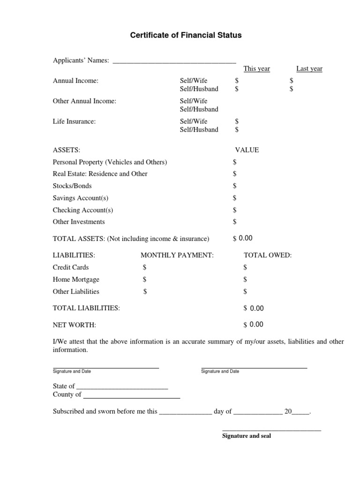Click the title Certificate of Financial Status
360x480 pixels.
tap(186, 35)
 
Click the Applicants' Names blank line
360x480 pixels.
tap(174, 61)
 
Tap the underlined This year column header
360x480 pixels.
tap(257, 69)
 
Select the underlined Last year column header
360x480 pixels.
tap(309, 69)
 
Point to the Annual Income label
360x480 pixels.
tap(76, 81)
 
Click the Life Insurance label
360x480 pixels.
tap(75, 121)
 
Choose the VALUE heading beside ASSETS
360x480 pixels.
tap(247, 150)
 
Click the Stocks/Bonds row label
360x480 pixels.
tap(72, 186)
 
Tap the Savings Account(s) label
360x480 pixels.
tap(81, 198)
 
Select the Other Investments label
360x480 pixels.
tap(79, 222)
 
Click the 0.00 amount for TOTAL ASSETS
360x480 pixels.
tap(246, 238)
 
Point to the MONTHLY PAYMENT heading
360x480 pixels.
tap(177, 255)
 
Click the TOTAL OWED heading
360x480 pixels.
tap(268, 255)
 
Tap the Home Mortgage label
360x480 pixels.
tap(76, 279)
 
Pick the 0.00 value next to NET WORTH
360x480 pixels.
tap(256, 324)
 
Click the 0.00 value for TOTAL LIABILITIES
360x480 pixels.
tap(257, 308)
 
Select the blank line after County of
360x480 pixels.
tap(131, 397)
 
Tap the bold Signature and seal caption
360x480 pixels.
tap(246, 436)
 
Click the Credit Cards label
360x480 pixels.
tap(71, 267)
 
